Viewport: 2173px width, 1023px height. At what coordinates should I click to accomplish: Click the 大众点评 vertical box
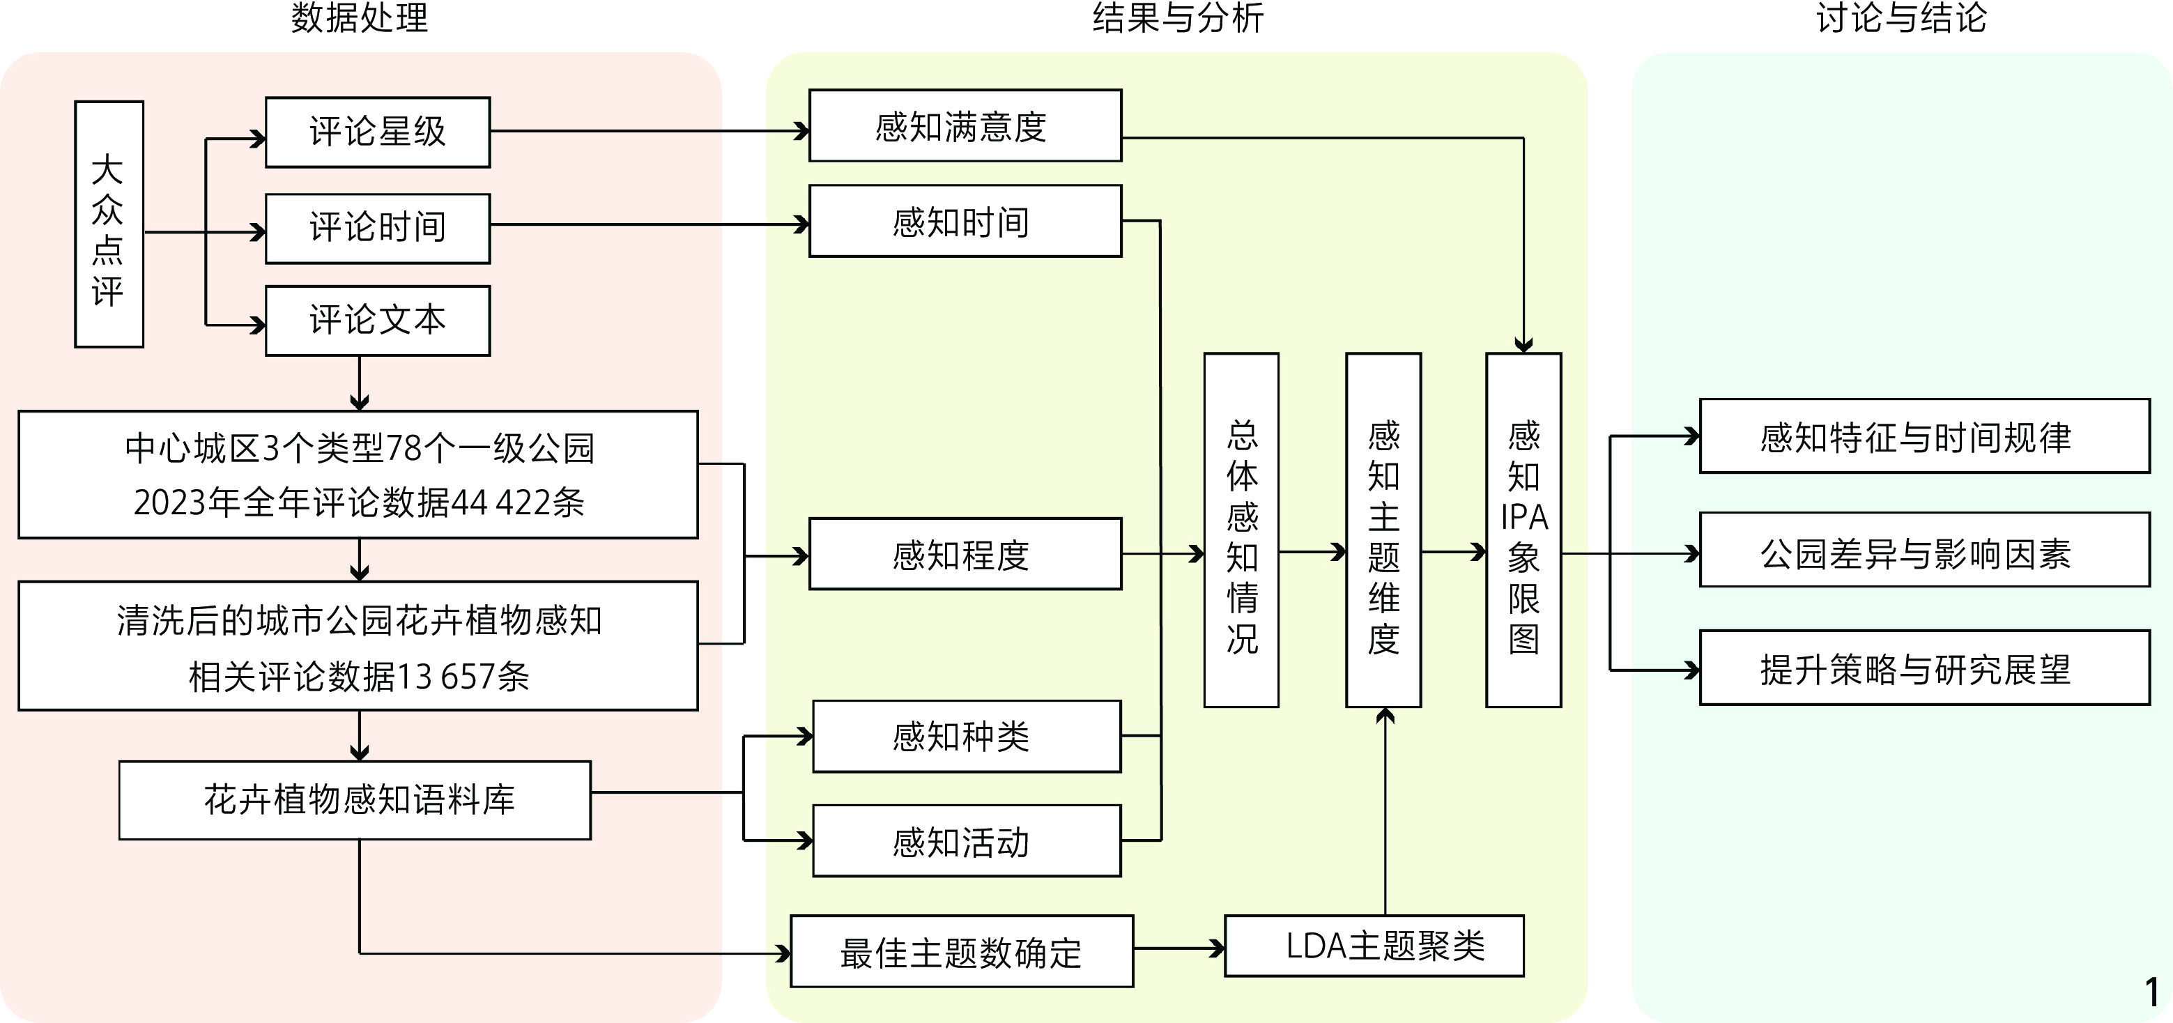pos(109,224)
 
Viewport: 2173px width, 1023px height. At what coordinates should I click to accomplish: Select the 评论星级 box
pos(377,132)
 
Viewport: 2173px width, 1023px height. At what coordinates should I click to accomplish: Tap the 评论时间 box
pos(377,229)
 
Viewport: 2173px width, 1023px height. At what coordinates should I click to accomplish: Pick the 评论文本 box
pos(377,321)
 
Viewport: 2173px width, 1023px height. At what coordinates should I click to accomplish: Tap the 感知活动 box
pos(966,841)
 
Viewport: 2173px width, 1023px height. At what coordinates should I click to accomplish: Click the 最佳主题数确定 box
pos(961,951)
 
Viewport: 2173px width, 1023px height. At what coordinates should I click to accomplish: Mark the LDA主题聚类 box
pos(1374,946)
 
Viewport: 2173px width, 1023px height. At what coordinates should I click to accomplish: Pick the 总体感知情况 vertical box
pos(1241,530)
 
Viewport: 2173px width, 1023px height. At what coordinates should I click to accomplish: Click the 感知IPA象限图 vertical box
pos(1523,530)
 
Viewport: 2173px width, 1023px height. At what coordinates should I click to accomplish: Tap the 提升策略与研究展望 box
pos(1924,668)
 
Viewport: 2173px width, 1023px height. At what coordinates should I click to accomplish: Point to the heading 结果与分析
pos(1178,19)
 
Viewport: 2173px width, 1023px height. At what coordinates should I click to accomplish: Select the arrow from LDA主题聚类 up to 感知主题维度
pos(1384,810)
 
